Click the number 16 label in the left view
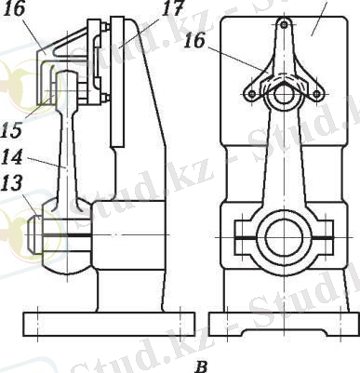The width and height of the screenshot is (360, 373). tap(15, 8)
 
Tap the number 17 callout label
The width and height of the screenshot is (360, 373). tap(173, 8)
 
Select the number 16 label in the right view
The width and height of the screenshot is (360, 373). tap(194, 40)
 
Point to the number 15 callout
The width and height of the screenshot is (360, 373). tap(12, 129)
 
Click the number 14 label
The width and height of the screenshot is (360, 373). tap(12, 156)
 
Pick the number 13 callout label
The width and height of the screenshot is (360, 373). tap(11, 183)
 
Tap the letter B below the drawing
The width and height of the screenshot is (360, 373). tap(202, 366)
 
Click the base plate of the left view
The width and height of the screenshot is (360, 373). tap(109, 324)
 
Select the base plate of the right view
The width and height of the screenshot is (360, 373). tap(284, 324)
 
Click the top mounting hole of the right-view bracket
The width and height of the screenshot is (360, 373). tap(284, 24)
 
